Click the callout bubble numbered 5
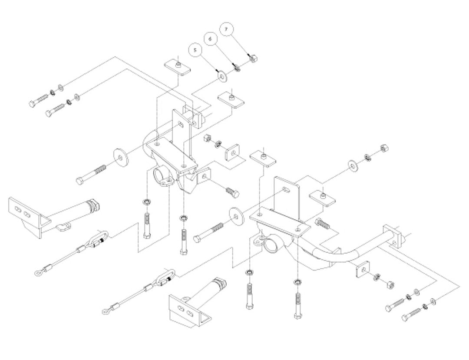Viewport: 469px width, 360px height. pos(195,50)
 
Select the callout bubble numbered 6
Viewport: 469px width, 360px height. pos(210,39)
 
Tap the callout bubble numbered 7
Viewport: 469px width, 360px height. pos(226,29)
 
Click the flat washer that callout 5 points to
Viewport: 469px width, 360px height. pos(222,77)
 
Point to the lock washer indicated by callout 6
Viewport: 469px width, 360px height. pos(237,67)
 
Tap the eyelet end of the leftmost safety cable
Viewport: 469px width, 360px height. pos(38,273)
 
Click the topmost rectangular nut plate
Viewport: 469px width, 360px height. pos(177,68)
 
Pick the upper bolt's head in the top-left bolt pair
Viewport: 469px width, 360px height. pos(32,103)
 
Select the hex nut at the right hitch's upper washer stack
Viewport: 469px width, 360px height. pos(384,148)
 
